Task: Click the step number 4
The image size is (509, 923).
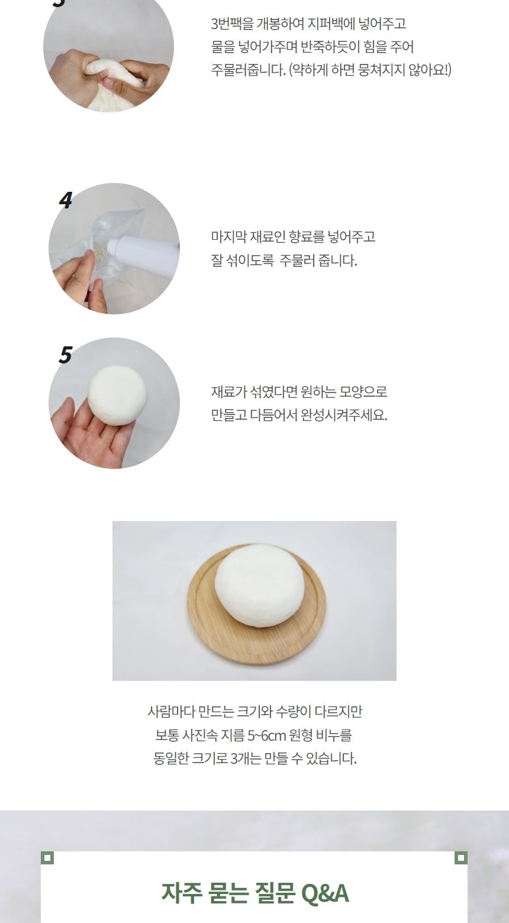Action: [65, 201]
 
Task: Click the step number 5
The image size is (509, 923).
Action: [65, 355]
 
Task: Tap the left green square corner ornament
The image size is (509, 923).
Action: [47, 857]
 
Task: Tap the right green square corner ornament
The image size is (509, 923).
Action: [461, 857]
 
